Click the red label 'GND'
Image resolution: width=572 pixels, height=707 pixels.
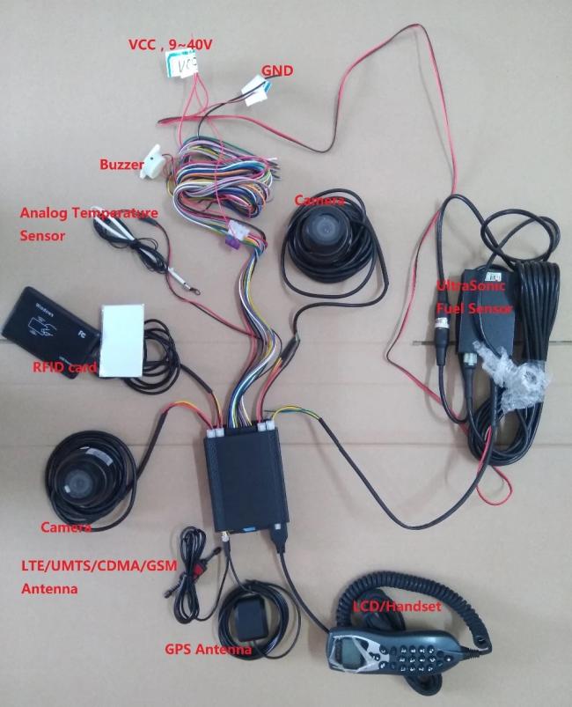click(x=277, y=70)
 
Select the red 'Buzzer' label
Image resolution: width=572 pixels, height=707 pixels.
click(x=121, y=164)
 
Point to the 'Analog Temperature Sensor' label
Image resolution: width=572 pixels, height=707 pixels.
click(x=88, y=224)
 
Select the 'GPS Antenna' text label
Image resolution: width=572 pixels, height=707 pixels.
click(x=209, y=650)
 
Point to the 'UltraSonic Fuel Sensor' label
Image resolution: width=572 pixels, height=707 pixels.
click(x=474, y=297)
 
